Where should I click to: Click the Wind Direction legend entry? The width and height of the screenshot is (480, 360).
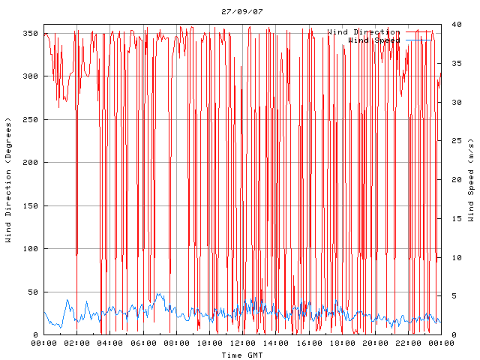point(364,32)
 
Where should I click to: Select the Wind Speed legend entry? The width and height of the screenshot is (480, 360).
point(374,40)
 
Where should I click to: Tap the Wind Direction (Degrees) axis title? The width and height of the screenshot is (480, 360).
point(8,180)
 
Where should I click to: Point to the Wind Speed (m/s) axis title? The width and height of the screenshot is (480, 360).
point(471,180)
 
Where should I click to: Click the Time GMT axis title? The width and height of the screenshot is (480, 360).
point(241,355)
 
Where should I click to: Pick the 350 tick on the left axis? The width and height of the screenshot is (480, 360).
point(29,34)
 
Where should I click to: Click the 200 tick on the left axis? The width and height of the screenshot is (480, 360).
point(29,163)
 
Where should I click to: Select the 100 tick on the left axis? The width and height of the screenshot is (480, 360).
point(29,249)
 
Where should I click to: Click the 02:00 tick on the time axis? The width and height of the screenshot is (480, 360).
point(77,343)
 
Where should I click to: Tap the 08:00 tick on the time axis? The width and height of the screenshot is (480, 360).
point(176,343)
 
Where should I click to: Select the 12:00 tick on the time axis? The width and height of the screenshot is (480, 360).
point(242,343)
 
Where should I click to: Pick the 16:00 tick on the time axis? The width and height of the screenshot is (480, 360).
point(308,343)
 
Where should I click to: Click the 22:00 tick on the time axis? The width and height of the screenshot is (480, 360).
point(407,343)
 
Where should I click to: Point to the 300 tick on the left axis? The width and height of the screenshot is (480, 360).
point(29,76)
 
